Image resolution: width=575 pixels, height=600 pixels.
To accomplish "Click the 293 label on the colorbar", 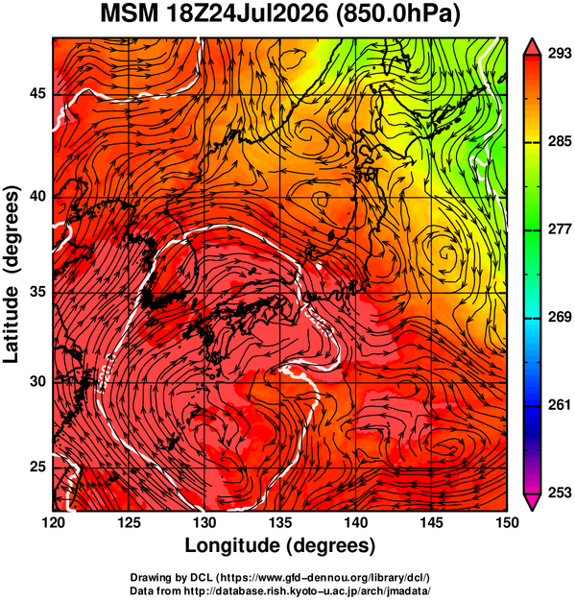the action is (x=560, y=54).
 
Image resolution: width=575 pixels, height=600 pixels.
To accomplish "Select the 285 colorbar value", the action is (x=560, y=141).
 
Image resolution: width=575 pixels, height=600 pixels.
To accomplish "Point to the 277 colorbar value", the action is (x=560, y=229).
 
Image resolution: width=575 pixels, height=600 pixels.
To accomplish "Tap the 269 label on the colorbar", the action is (x=560, y=317).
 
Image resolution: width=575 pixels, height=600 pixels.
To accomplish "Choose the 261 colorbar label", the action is (x=560, y=404).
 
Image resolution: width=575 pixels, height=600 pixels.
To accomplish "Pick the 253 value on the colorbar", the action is (x=560, y=492).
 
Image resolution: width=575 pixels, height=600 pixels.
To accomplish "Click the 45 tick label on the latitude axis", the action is (x=37, y=93).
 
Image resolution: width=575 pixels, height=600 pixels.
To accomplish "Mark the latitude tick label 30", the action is (x=37, y=381).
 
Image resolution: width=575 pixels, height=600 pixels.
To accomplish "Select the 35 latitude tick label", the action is (x=37, y=293).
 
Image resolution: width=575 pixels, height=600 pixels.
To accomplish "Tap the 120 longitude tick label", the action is (x=53, y=522).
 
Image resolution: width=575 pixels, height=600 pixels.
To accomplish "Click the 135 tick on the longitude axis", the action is (x=281, y=522).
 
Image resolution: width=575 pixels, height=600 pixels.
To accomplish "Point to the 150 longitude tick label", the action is (x=507, y=522).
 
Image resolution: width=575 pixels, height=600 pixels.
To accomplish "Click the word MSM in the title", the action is (x=130, y=14).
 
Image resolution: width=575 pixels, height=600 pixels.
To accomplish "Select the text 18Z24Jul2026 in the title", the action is (x=247, y=14).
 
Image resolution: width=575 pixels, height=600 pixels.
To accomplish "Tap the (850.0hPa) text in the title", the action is (x=397, y=14).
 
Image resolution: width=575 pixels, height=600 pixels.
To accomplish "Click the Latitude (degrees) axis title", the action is (x=12, y=275).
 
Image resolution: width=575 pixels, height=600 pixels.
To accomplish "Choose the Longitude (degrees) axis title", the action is (x=280, y=546).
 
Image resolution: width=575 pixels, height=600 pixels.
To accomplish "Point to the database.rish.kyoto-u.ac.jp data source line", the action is (x=280, y=590).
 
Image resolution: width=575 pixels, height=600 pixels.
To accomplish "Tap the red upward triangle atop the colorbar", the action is (x=532, y=48).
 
